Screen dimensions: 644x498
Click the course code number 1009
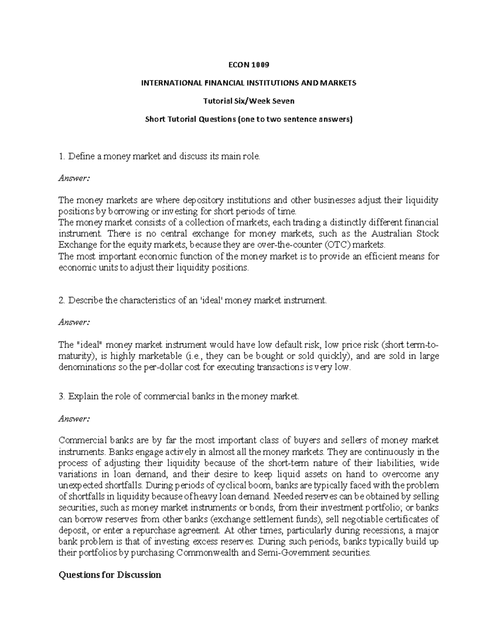coord(261,65)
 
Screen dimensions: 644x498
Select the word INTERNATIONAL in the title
coord(166,83)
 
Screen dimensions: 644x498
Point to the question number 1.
coord(61,156)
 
